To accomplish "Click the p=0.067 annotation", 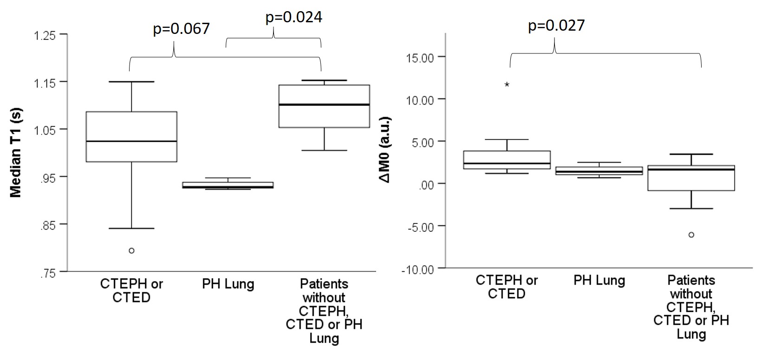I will [181, 29].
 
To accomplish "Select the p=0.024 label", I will [293, 17].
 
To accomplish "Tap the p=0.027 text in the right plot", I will [556, 25].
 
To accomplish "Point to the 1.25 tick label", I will [45, 35].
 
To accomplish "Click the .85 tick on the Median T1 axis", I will [48, 225].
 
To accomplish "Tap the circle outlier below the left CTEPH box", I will [131, 251].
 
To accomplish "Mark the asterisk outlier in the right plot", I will [507, 85].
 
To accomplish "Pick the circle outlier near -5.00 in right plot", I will [691, 235].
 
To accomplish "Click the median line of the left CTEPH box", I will [131, 141].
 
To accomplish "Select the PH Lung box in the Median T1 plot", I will [228, 185].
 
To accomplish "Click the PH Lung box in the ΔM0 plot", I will [599, 171].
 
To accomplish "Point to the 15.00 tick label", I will [419, 57].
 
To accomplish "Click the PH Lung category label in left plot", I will [228, 284].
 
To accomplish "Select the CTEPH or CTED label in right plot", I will [507, 287].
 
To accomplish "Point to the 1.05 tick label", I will [45, 130].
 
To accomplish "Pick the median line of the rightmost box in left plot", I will [324, 105].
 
